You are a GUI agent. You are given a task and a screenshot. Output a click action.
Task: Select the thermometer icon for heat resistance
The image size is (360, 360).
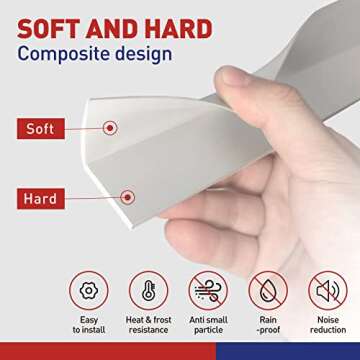coord(148,291)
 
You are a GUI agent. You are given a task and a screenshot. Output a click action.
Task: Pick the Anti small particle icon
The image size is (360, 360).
coord(209,291)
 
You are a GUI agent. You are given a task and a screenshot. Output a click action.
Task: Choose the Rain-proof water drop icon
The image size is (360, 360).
coord(267,291)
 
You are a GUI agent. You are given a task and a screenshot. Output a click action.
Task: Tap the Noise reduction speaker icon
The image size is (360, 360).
coord(328,291)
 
